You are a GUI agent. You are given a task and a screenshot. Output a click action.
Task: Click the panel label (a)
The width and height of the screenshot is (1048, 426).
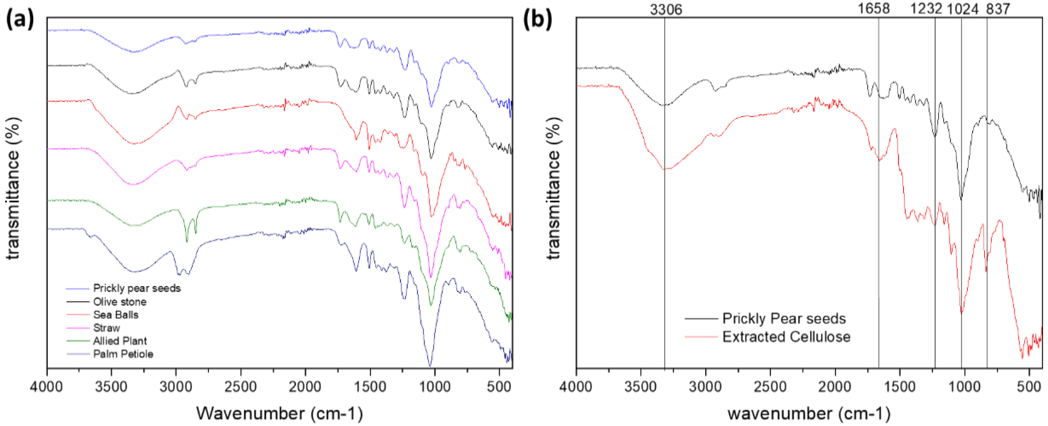[20, 20]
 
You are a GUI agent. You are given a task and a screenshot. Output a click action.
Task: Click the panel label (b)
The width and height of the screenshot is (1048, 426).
[537, 20]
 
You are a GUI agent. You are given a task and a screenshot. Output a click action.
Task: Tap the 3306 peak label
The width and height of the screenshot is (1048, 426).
[666, 9]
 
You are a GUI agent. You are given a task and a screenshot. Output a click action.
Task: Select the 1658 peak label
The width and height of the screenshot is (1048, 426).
[874, 9]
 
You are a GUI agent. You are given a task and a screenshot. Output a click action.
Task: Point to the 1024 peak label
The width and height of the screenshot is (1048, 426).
[963, 9]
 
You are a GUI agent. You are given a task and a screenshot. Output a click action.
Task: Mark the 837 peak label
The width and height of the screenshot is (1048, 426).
[998, 9]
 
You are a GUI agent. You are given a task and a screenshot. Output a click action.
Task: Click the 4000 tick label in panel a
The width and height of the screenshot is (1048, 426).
[47, 387]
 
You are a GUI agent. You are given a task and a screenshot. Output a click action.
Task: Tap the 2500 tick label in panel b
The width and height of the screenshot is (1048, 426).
[770, 387]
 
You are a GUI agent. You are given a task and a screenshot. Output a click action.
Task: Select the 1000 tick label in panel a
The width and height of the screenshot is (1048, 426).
[435, 387]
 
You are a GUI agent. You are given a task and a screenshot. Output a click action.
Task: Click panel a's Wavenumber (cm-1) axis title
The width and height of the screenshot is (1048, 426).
[280, 413]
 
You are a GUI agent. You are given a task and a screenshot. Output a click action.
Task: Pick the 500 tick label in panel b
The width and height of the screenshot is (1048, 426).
[1029, 387]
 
